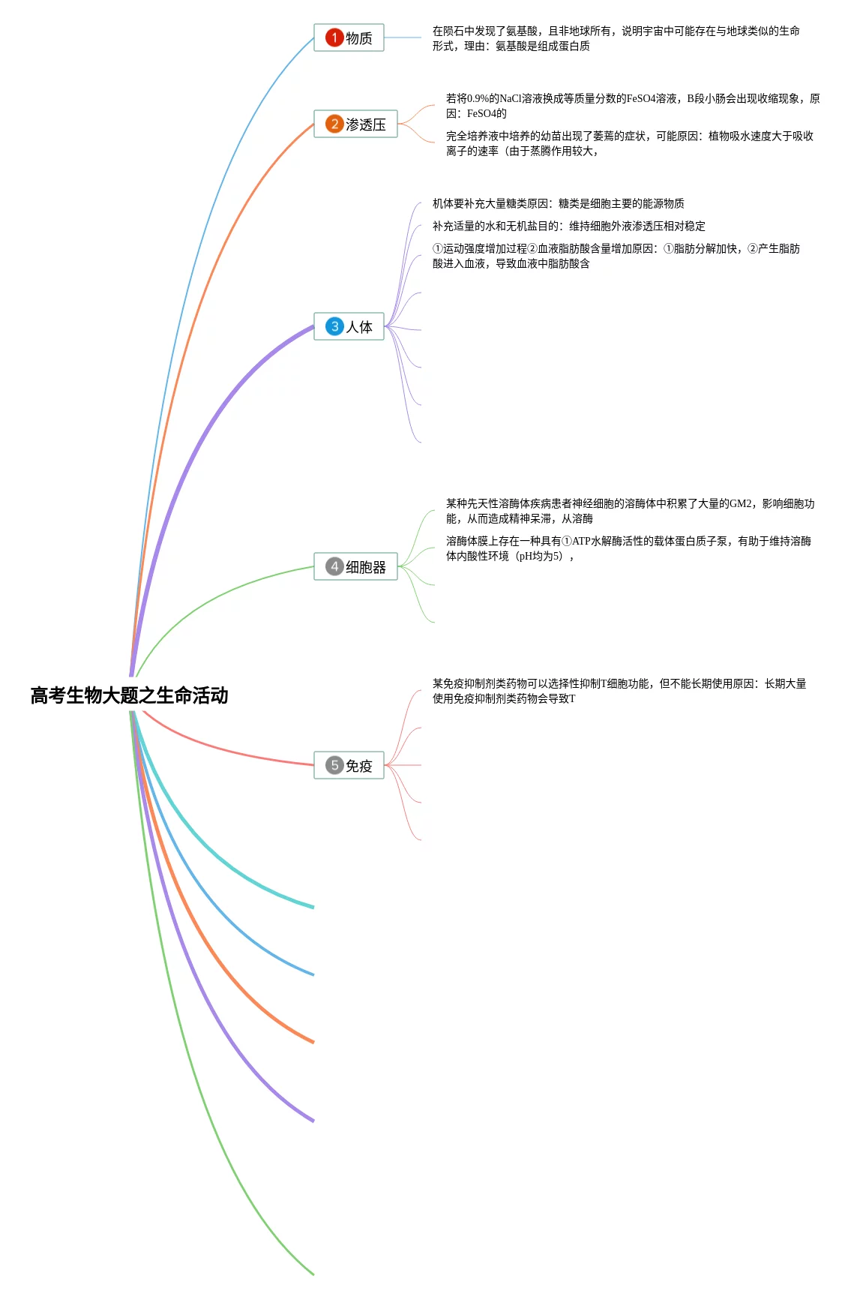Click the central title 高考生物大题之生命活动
pyautogui.click(x=129, y=695)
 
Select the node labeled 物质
pyautogui.click(x=349, y=38)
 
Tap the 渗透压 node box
pyautogui.click(x=355, y=124)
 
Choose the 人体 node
pyautogui.click(x=349, y=326)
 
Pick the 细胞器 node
pyautogui.click(x=355, y=566)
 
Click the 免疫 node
pyautogui.click(x=349, y=765)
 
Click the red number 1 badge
pyautogui.click(x=334, y=38)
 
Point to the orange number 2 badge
pyautogui.click(x=334, y=124)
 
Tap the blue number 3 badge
pyautogui.click(x=334, y=326)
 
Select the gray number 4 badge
pyautogui.click(x=334, y=566)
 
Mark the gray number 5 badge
pyautogui.click(x=334, y=765)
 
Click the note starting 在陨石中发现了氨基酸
pyautogui.click(x=616, y=38)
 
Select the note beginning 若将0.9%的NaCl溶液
pyautogui.click(x=633, y=106)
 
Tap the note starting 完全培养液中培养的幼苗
pyautogui.click(x=630, y=143)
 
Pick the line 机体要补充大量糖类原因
pyautogui.click(x=558, y=203)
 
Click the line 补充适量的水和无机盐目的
pyautogui.click(x=568, y=226)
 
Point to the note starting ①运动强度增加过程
pyautogui.click(x=616, y=256)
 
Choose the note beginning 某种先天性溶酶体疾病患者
pyautogui.click(x=630, y=511)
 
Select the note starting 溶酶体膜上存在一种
pyautogui.click(x=628, y=548)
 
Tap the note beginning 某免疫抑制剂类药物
pyautogui.click(x=619, y=691)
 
